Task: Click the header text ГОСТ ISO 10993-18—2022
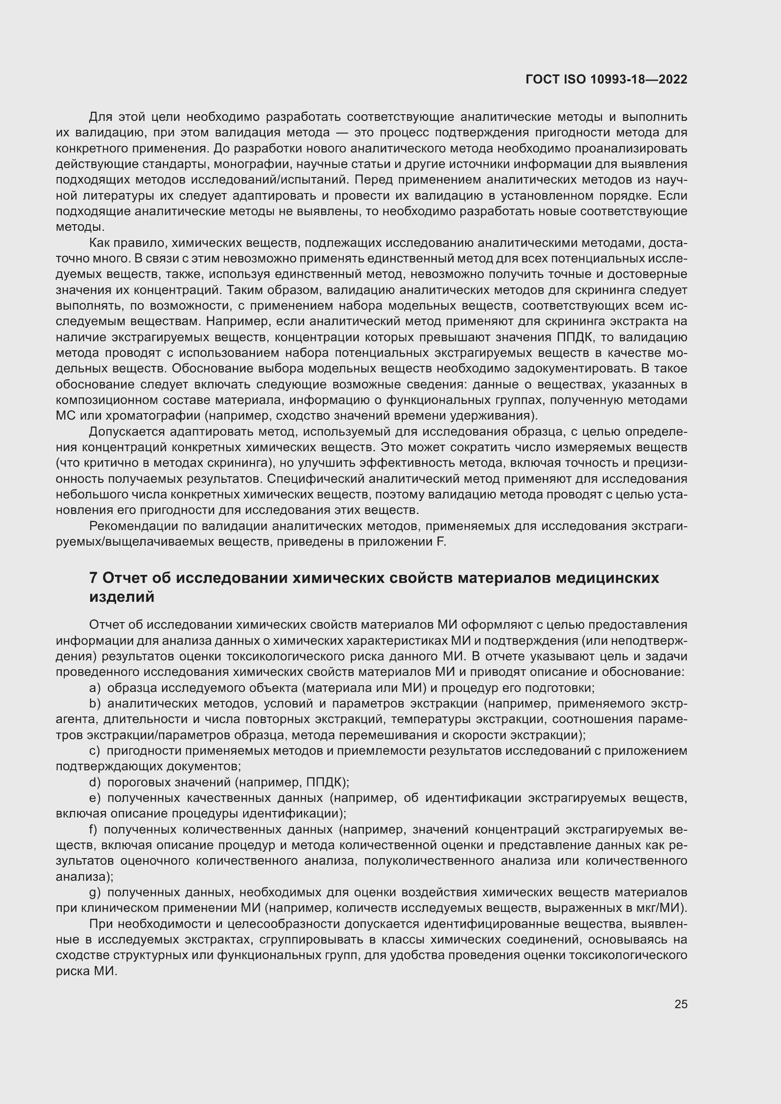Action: (606, 79)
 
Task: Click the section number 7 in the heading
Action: (94, 578)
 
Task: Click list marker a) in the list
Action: (95, 688)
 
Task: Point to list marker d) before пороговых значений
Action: (95, 782)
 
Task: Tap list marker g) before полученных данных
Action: (95, 893)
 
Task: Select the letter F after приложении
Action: (440, 542)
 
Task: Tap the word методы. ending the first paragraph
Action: (80, 227)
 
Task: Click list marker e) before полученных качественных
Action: (95, 798)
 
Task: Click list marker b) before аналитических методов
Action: (95, 704)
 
